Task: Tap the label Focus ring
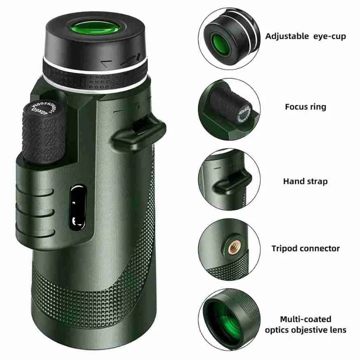click(306, 107)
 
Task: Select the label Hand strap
click(306, 181)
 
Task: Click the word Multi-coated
click(305, 319)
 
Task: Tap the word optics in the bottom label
click(278, 330)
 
